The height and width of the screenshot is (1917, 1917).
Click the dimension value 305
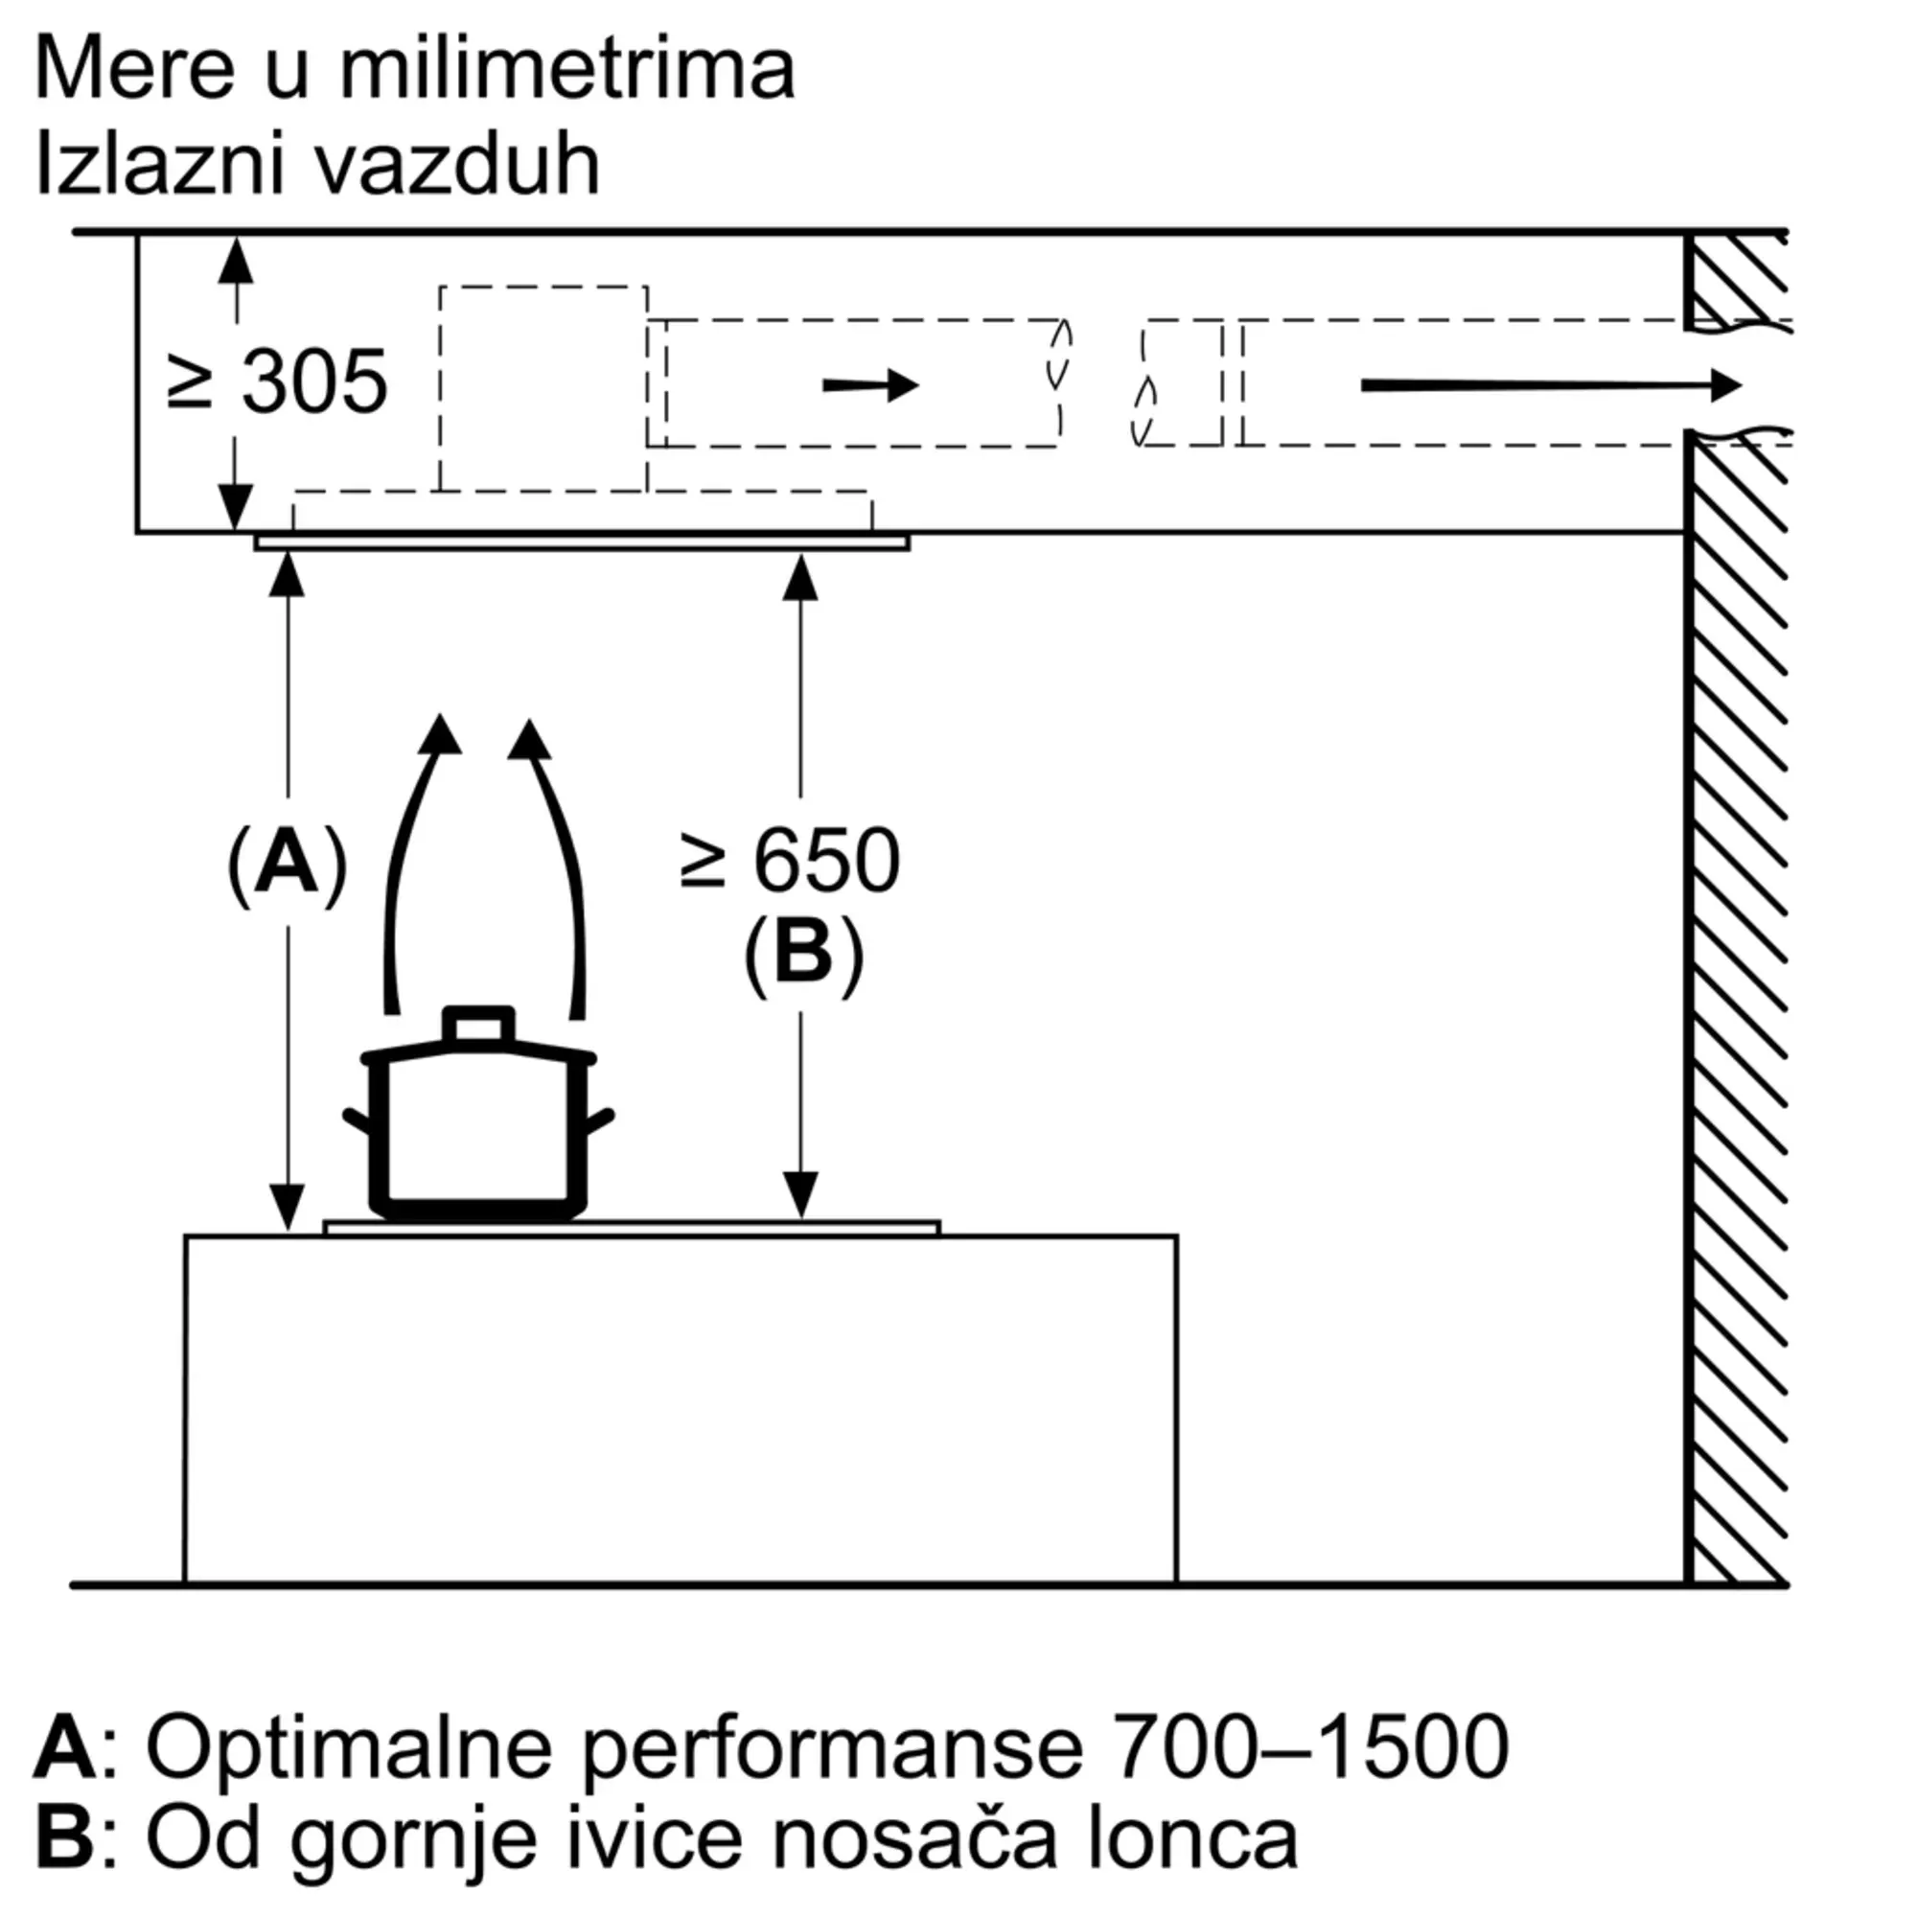click(x=313, y=382)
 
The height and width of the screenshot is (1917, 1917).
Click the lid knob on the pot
click(x=479, y=1025)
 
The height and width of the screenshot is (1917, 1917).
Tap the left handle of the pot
click(x=358, y=1121)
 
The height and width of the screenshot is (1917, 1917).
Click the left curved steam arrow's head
click(x=440, y=735)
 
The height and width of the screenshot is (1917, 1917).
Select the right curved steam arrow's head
click(x=529, y=739)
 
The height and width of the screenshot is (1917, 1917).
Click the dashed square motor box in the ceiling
click(x=543, y=388)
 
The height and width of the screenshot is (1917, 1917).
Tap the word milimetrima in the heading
click(x=567, y=69)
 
